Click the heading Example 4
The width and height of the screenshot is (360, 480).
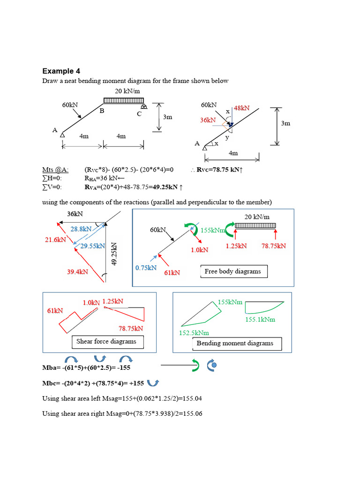pyautogui.click(x=61, y=71)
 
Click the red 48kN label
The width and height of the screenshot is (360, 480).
pyautogui.click(x=241, y=108)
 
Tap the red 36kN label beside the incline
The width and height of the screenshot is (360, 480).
pyautogui.click(x=208, y=120)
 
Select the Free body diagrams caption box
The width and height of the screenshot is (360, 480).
pyautogui.click(x=232, y=271)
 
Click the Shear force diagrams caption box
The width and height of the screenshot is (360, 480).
pyautogui.click(x=106, y=342)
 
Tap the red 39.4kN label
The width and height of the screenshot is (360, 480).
pyautogui.click(x=77, y=271)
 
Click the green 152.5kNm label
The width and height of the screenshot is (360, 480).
pyautogui.click(x=195, y=332)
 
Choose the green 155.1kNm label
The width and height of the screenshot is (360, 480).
pyautogui.click(x=260, y=319)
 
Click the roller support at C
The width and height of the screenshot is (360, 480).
pyautogui.click(x=144, y=107)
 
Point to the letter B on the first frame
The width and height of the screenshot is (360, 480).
pyautogui.click(x=101, y=111)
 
